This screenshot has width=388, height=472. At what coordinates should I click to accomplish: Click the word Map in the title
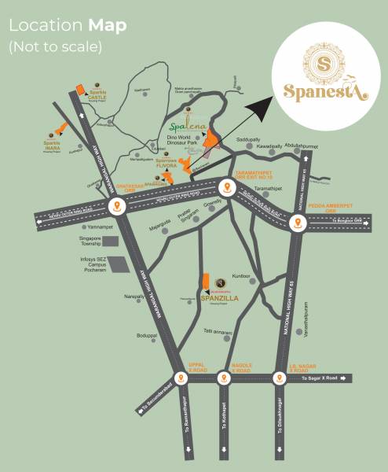pyautogui.click(x=107, y=24)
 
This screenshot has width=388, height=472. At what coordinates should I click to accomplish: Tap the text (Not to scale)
pyautogui.click(x=55, y=46)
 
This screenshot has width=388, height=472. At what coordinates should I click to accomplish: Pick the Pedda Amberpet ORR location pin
pyautogui.click(x=298, y=223)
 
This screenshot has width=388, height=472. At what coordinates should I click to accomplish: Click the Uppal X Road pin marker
pyautogui.click(x=182, y=378)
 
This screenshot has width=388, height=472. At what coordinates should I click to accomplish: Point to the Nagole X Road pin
pyautogui.click(x=225, y=378)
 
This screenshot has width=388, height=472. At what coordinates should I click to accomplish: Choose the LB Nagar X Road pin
pyautogui.click(x=279, y=378)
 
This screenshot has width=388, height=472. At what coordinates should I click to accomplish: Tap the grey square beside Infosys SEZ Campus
pyautogui.click(x=115, y=264)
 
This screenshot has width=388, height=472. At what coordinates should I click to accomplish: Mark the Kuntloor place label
pyautogui.click(x=241, y=276)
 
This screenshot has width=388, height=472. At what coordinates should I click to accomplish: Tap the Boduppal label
pyautogui.click(x=147, y=336)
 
